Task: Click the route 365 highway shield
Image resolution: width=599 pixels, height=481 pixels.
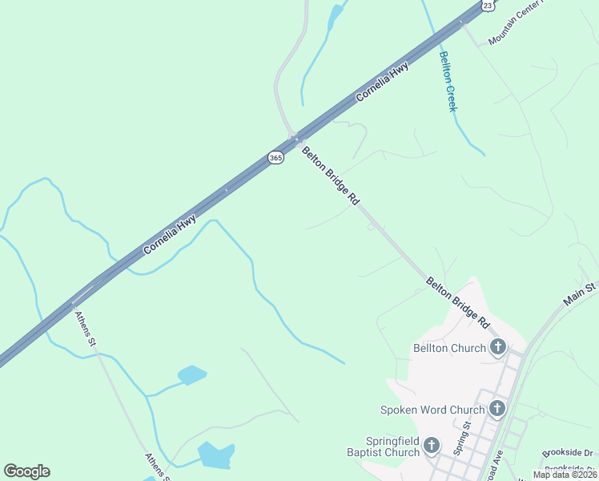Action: (275, 158)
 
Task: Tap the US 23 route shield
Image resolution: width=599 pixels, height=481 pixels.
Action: (488, 5)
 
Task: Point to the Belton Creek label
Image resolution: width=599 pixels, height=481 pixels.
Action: (447, 81)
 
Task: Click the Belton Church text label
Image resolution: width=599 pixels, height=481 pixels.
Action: (449, 348)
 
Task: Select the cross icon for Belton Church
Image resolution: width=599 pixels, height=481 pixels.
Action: (498, 347)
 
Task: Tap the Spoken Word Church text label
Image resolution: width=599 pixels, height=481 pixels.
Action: (432, 410)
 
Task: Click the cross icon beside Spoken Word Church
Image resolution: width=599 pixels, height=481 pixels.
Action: (496, 409)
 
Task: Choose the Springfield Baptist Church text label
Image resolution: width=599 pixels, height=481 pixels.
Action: (392, 447)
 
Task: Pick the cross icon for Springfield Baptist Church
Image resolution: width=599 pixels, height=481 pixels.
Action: (432, 446)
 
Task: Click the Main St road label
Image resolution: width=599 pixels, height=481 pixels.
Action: (581, 293)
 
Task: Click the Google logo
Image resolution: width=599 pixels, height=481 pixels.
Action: (26, 471)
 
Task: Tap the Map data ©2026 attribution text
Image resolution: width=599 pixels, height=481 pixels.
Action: (564, 475)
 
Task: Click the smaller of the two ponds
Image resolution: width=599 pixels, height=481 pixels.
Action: (192, 374)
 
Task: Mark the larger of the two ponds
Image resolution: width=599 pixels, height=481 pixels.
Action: (216, 455)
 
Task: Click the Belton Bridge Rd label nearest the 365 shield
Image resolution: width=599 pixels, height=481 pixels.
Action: (330, 176)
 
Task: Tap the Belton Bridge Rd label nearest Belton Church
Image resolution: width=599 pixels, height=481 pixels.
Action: (456, 303)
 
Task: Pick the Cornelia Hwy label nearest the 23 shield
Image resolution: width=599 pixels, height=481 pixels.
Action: (382, 81)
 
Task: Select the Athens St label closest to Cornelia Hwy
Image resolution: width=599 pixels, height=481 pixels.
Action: (86, 329)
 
